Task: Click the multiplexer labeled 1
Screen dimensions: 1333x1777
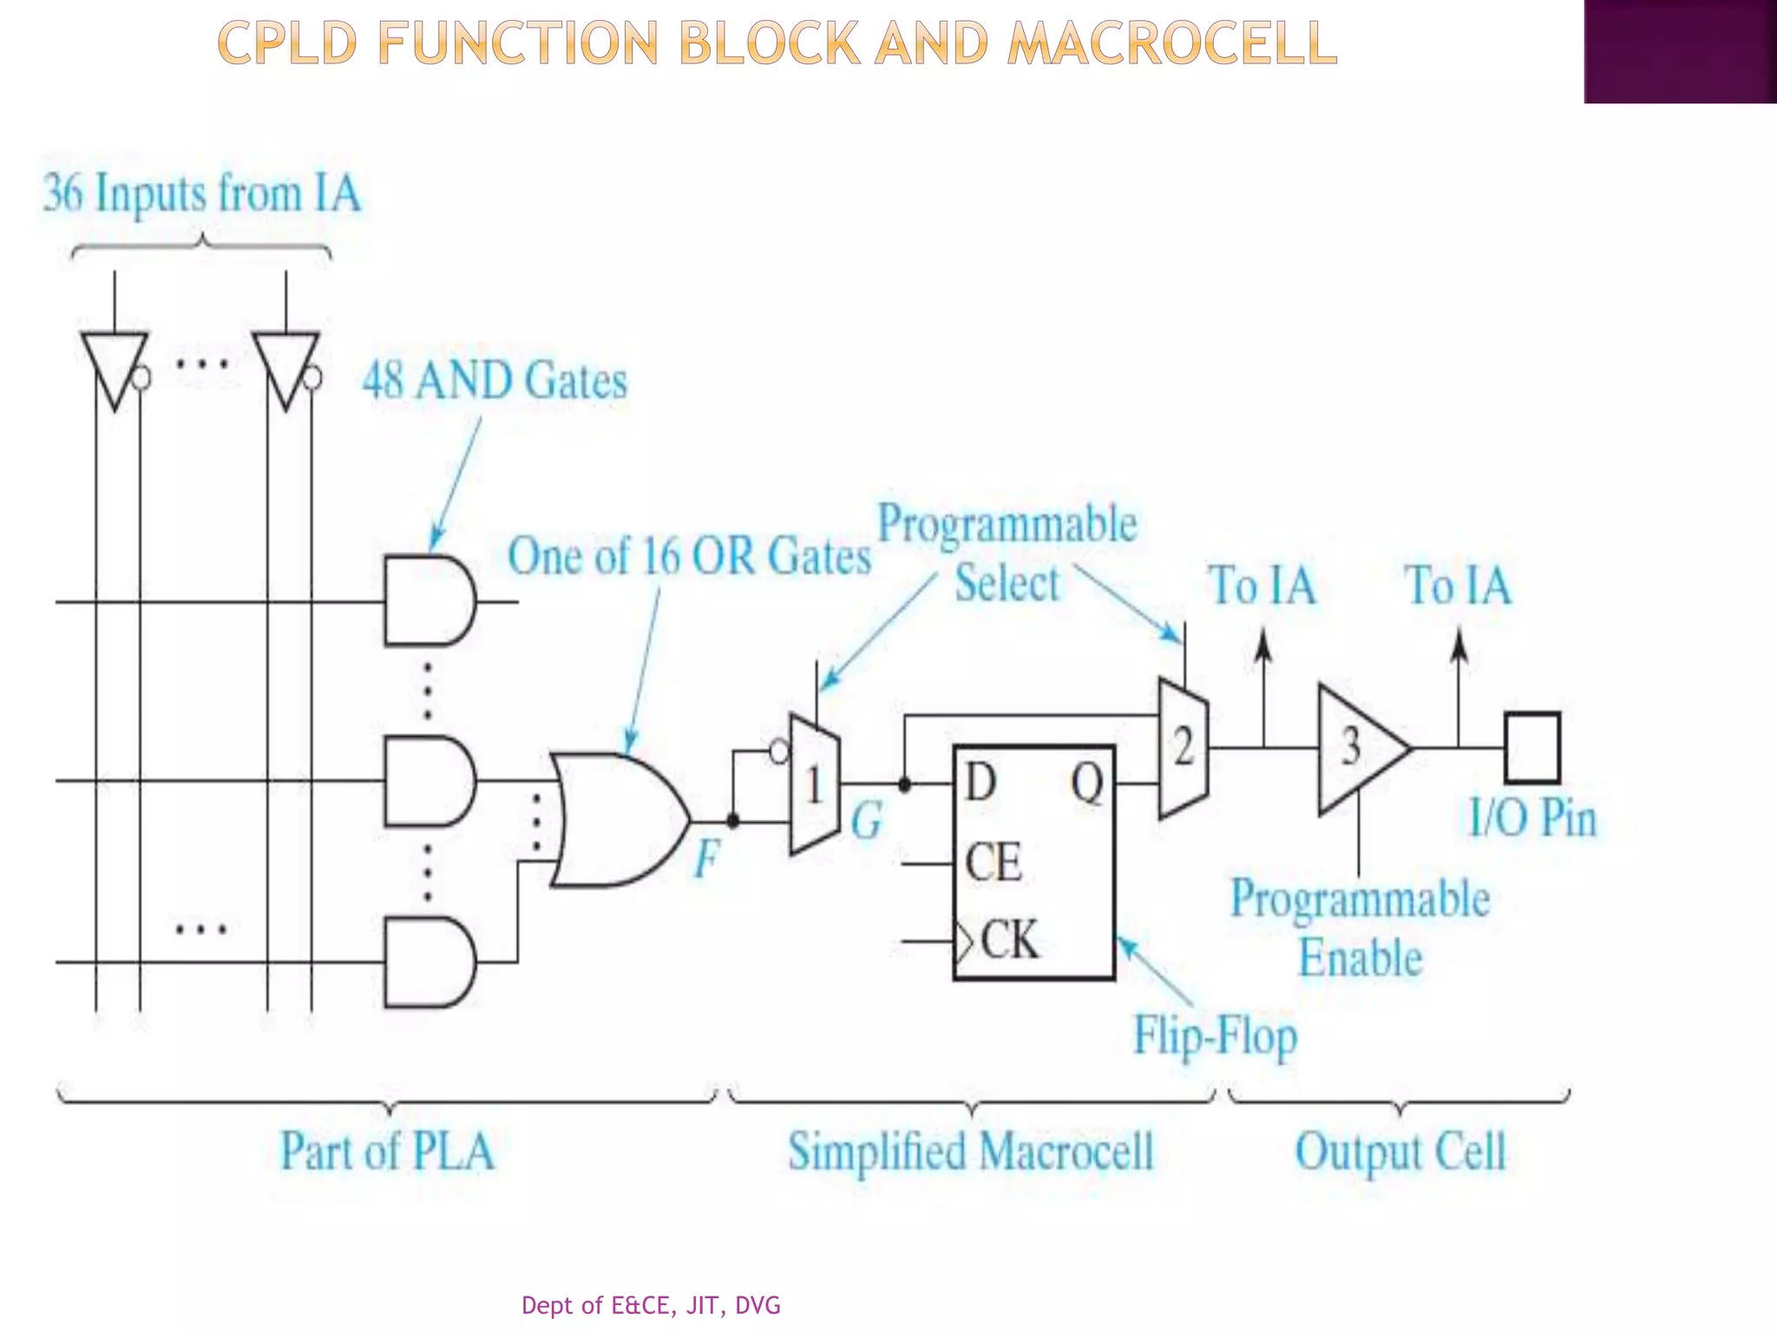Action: pyautogui.click(x=814, y=785)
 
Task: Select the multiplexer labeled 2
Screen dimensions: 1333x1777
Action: pyautogui.click(x=1184, y=748)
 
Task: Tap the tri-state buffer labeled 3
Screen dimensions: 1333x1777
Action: pyautogui.click(x=1358, y=748)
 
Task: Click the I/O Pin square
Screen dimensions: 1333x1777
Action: pyautogui.click(x=1531, y=748)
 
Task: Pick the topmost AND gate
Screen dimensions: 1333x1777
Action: pyautogui.click(x=429, y=601)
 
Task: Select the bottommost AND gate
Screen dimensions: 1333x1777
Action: pyautogui.click(x=429, y=962)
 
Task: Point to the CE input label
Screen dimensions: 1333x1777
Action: pyautogui.click(x=993, y=863)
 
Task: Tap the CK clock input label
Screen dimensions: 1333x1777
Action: pyautogui.click(x=1009, y=940)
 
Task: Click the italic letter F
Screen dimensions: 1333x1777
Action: pyautogui.click(x=707, y=859)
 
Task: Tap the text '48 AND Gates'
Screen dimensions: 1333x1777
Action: pyautogui.click(x=495, y=381)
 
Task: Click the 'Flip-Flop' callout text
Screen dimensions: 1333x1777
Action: pyautogui.click(x=1216, y=1036)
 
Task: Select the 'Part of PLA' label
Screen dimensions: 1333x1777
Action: pyautogui.click(x=387, y=1151)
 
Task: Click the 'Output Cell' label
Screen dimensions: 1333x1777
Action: pyautogui.click(x=1400, y=1152)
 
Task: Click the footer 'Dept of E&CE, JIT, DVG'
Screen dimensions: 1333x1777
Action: pyautogui.click(x=651, y=1305)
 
